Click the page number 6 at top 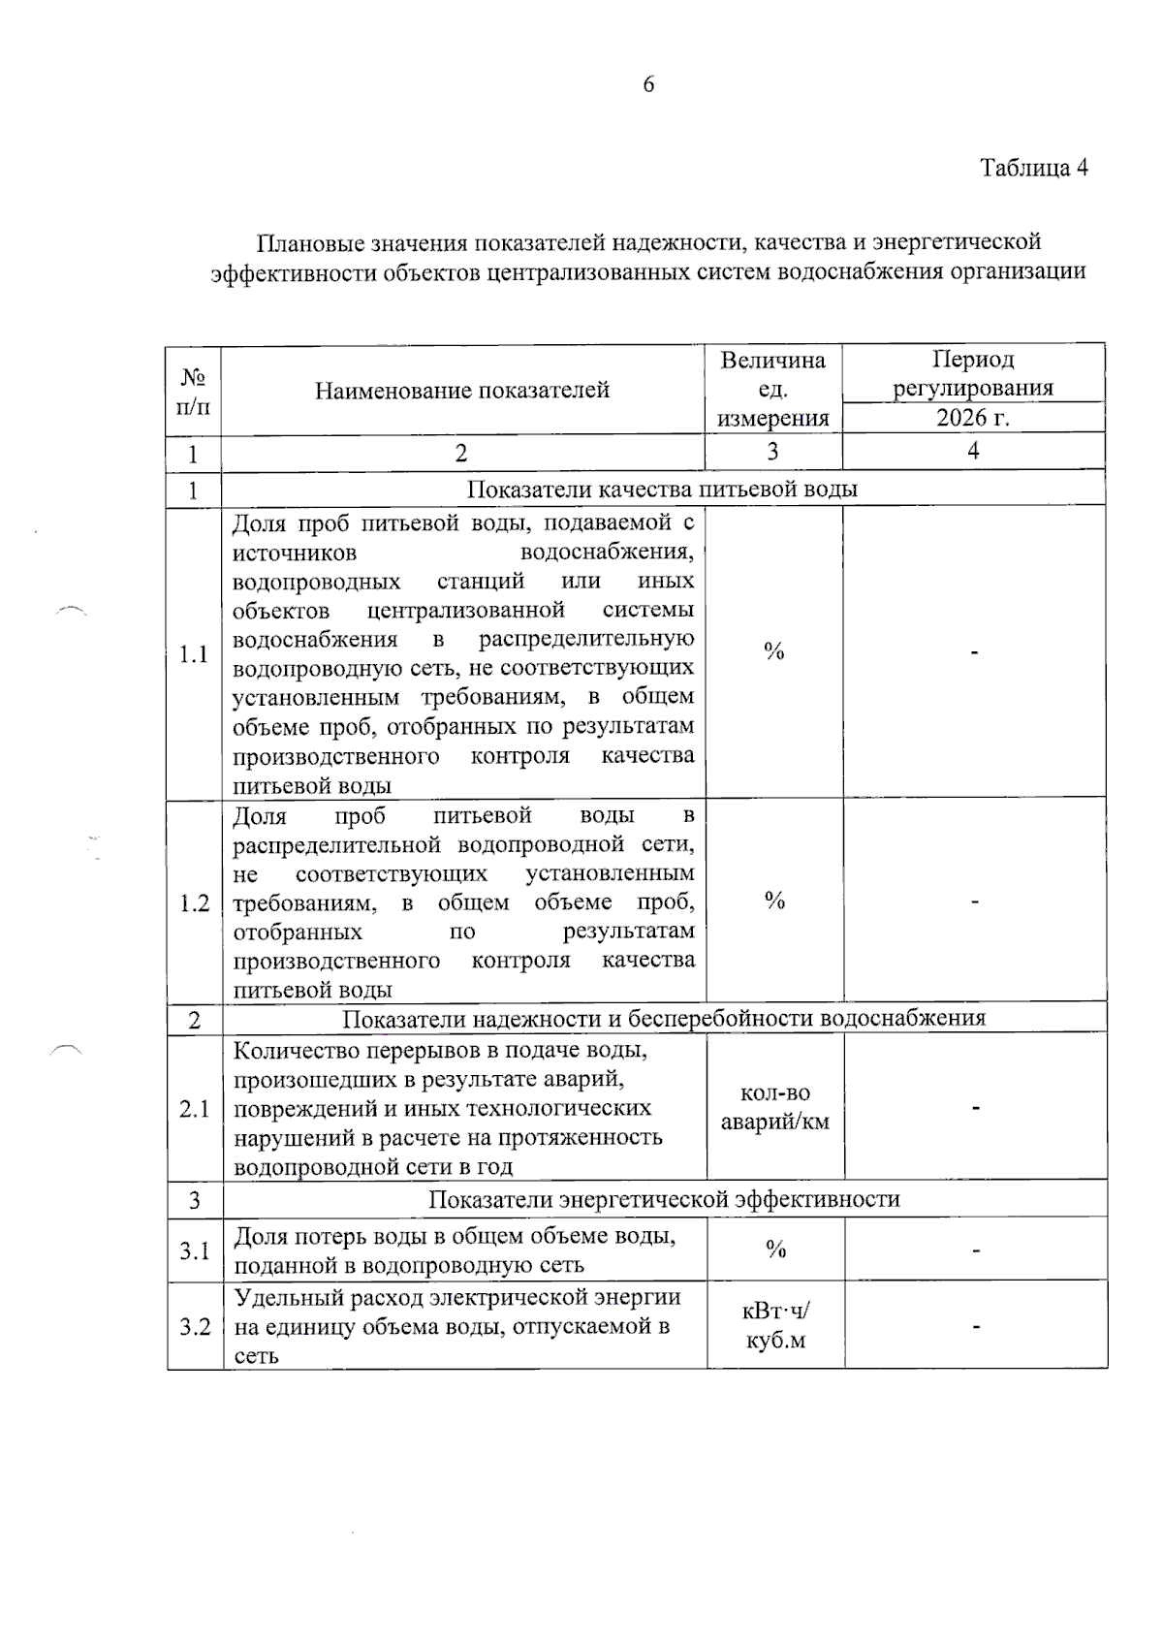pyautogui.click(x=648, y=84)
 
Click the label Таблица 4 pyautogui.click(x=1033, y=168)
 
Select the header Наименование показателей pyautogui.click(x=462, y=390)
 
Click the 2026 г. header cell pyautogui.click(x=972, y=418)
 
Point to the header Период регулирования pyautogui.click(x=972, y=374)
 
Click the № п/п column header pyautogui.click(x=193, y=391)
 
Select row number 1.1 pyautogui.click(x=194, y=654)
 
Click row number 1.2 pyautogui.click(x=195, y=903)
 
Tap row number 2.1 pyautogui.click(x=195, y=1108)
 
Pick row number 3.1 pyautogui.click(x=195, y=1250)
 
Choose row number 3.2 pyautogui.click(x=195, y=1326)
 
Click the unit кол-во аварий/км pyautogui.click(x=774, y=1108)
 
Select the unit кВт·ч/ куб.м pyautogui.click(x=774, y=1326)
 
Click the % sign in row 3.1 pyautogui.click(x=775, y=1250)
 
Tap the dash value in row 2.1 pyautogui.click(x=975, y=1107)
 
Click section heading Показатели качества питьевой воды pyautogui.click(x=662, y=489)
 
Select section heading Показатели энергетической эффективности pyautogui.click(x=664, y=1199)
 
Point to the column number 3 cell pyautogui.click(x=772, y=452)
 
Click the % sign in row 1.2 pyautogui.click(x=774, y=902)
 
